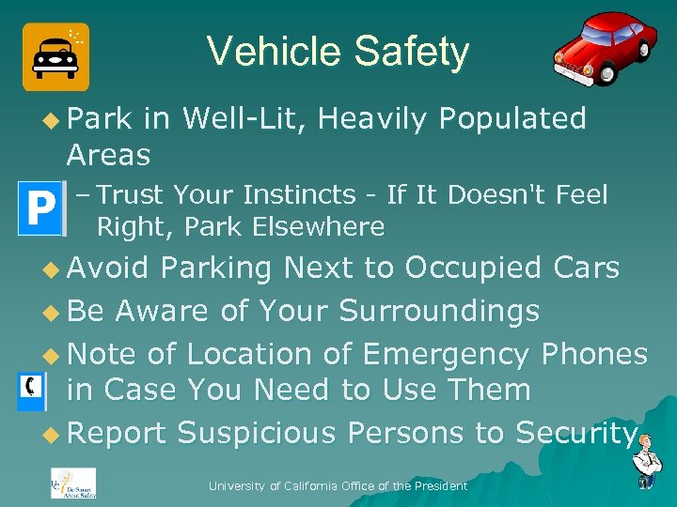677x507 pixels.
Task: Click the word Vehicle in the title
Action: coord(265,52)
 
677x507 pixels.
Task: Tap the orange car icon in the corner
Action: coord(55,57)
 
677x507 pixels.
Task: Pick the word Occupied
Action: coord(473,268)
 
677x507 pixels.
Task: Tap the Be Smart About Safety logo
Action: coord(72,484)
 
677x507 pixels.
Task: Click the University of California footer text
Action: coord(338,485)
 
